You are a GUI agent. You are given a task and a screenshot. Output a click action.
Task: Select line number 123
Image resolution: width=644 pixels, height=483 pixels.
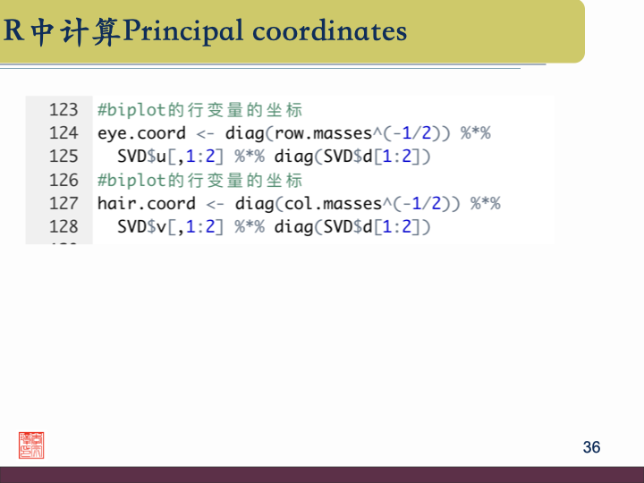[x=64, y=110]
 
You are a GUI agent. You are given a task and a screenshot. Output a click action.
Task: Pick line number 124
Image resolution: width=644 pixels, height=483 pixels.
[x=64, y=133]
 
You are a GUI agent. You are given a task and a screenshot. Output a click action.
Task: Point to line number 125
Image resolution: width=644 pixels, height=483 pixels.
[x=64, y=157]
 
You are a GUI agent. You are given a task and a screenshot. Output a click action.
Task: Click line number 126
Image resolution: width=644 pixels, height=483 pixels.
[x=64, y=180]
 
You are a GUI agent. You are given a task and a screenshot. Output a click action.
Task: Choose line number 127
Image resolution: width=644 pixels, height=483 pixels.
[x=64, y=203]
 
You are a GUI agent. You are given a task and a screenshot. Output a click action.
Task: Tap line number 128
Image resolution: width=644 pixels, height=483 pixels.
[x=64, y=226]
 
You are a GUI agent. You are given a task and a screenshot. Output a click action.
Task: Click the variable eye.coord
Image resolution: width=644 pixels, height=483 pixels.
[x=141, y=133]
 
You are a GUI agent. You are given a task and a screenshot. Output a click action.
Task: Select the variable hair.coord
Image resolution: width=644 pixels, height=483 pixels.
[x=146, y=203]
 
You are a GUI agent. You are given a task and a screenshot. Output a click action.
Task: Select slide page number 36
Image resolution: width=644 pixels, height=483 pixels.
[x=591, y=447]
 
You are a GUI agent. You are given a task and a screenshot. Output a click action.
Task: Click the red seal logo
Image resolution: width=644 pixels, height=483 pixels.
[x=31, y=445]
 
